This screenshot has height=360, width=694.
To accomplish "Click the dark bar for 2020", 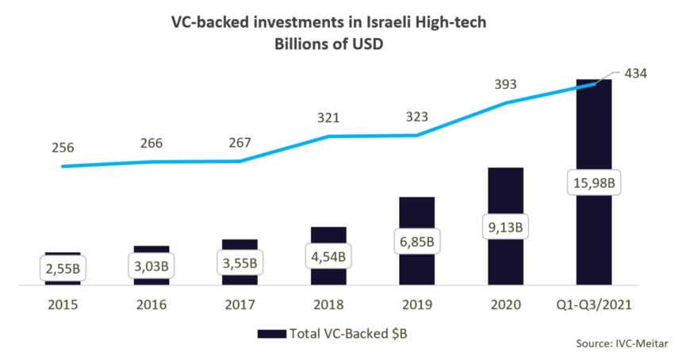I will [505, 198].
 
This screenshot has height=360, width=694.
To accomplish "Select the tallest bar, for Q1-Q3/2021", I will [593, 135].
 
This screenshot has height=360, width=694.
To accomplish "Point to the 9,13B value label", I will [505, 227].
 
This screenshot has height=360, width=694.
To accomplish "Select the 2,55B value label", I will [63, 268].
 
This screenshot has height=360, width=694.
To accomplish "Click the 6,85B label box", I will [417, 239].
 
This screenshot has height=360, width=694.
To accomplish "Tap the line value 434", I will [636, 74].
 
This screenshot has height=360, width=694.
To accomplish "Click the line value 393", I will [504, 84].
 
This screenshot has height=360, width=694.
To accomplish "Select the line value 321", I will [328, 118].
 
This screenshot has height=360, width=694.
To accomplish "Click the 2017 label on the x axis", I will [240, 304].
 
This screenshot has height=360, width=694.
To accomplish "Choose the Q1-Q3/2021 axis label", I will [593, 304].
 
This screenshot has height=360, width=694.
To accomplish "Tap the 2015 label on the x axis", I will [63, 304].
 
